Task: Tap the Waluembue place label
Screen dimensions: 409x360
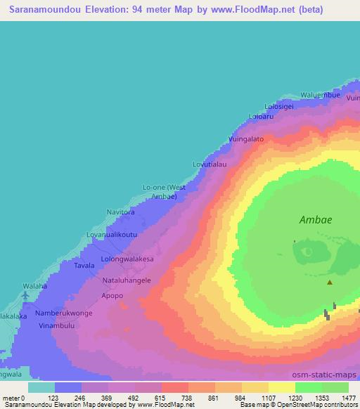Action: [321, 95]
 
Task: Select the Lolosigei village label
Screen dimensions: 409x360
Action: [276, 106]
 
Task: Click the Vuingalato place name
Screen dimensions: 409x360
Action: [246, 139]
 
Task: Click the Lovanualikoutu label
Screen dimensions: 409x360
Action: [111, 233]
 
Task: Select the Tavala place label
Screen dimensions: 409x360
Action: [84, 266]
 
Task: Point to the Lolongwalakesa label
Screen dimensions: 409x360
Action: [127, 259]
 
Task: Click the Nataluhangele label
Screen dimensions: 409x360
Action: [127, 280]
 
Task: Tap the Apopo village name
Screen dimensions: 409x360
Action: [112, 296]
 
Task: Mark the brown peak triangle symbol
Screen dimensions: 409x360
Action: [330, 283]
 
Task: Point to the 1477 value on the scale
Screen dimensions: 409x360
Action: [349, 398]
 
